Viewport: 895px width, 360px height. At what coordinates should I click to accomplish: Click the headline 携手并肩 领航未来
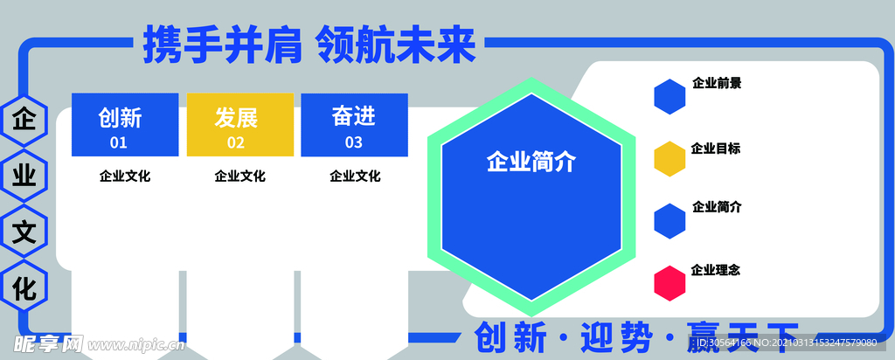(309, 45)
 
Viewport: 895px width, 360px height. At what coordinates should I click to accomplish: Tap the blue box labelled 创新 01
(125, 125)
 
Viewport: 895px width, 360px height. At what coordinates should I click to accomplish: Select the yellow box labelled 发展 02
(239, 125)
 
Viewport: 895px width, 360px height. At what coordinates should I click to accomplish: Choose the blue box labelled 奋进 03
(354, 125)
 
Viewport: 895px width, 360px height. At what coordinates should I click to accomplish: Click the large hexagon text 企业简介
(531, 162)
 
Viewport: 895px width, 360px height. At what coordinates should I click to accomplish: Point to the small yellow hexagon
(670, 159)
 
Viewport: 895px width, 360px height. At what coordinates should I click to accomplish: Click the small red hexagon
(670, 282)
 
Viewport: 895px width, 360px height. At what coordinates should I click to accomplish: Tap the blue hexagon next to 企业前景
(670, 96)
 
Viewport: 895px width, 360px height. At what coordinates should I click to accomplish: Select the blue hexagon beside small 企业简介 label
(670, 221)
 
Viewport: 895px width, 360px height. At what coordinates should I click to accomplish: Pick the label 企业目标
(716, 149)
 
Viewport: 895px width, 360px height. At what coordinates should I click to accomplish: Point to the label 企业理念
(716, 270)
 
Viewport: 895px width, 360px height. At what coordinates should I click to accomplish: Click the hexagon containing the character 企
(24, 121)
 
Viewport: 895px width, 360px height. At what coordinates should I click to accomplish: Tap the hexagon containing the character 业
(24, 177)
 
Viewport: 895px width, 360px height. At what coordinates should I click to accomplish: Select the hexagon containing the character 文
(24, 232)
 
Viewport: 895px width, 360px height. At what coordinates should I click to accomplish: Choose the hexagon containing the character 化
(24, 287)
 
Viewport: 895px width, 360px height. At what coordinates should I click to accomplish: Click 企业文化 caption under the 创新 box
(125, 177)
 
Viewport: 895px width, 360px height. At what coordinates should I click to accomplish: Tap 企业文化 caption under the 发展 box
(239, 177)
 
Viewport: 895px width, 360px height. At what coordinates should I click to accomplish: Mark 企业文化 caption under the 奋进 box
(354, 177)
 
